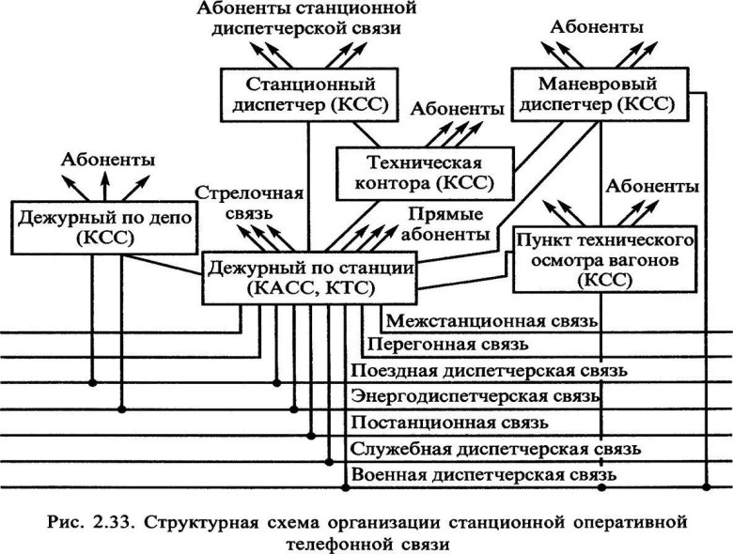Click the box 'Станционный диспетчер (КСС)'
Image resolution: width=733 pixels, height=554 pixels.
[x=308, y=92]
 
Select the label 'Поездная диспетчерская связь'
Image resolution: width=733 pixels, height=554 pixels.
[x=488, y=371]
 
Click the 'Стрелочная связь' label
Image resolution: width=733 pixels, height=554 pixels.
[x=249, y=203]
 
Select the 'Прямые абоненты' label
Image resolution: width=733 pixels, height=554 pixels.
[x=447, y=223]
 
